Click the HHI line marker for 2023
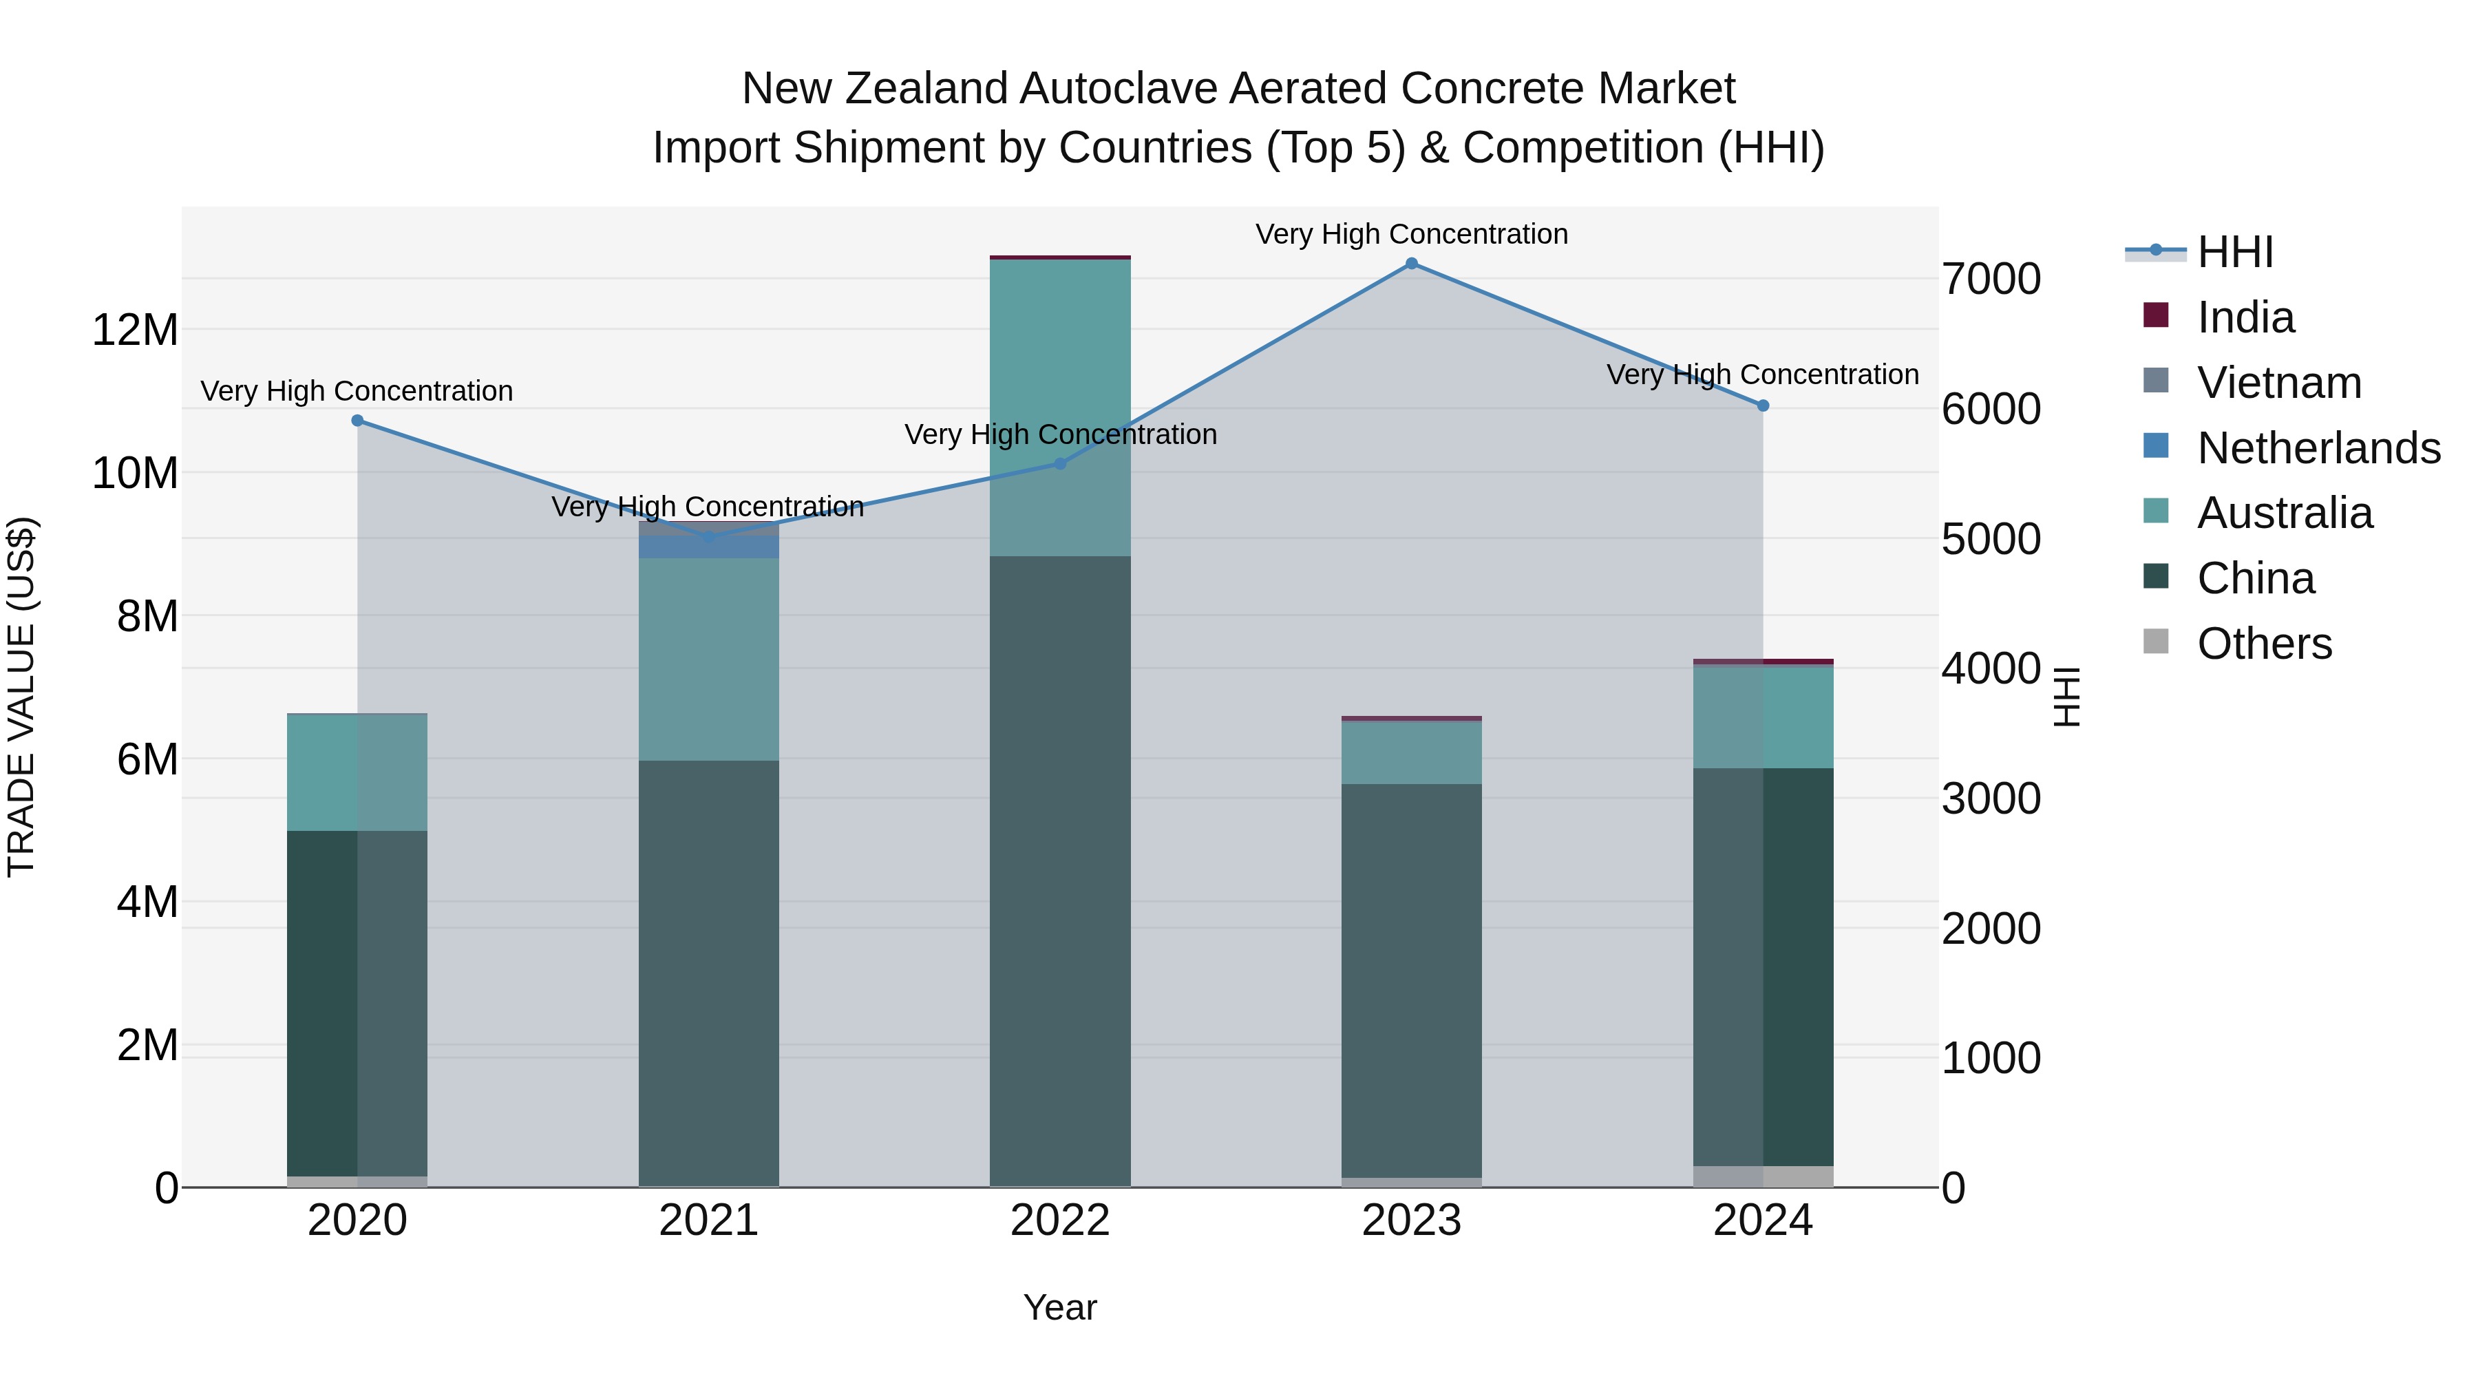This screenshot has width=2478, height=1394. (x=1411, y=264)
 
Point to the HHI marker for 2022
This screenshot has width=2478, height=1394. (x=1060, y=464)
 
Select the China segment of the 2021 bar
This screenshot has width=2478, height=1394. (x=709, y=971)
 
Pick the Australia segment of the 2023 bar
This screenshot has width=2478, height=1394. (x=1411, y=752)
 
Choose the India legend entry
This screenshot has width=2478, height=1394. (x=2245, y=317)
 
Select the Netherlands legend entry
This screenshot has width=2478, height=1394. (x=2318, y=448)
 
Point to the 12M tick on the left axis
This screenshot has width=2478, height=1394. (x=135, y=330)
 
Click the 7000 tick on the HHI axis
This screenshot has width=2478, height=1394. (x=1990, y=279)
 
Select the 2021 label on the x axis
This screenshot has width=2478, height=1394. (x=709, y=1221)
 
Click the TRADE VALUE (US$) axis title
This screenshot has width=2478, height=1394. (x=21, y=697)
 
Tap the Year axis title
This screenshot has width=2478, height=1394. (x=1060, y=1307)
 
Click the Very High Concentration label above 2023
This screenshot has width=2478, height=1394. (x=1411, y=234)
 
